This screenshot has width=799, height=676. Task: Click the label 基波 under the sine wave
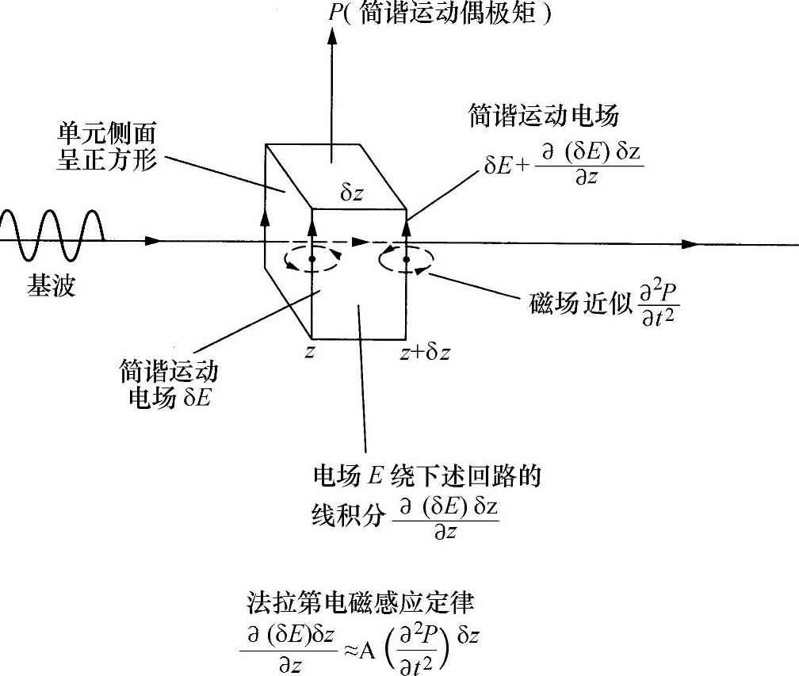coord(51,286)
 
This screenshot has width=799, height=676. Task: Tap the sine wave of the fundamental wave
coord(52,235)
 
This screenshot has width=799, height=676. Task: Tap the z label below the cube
coord(310,352)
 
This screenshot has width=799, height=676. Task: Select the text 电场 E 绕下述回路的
coord(427,477)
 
